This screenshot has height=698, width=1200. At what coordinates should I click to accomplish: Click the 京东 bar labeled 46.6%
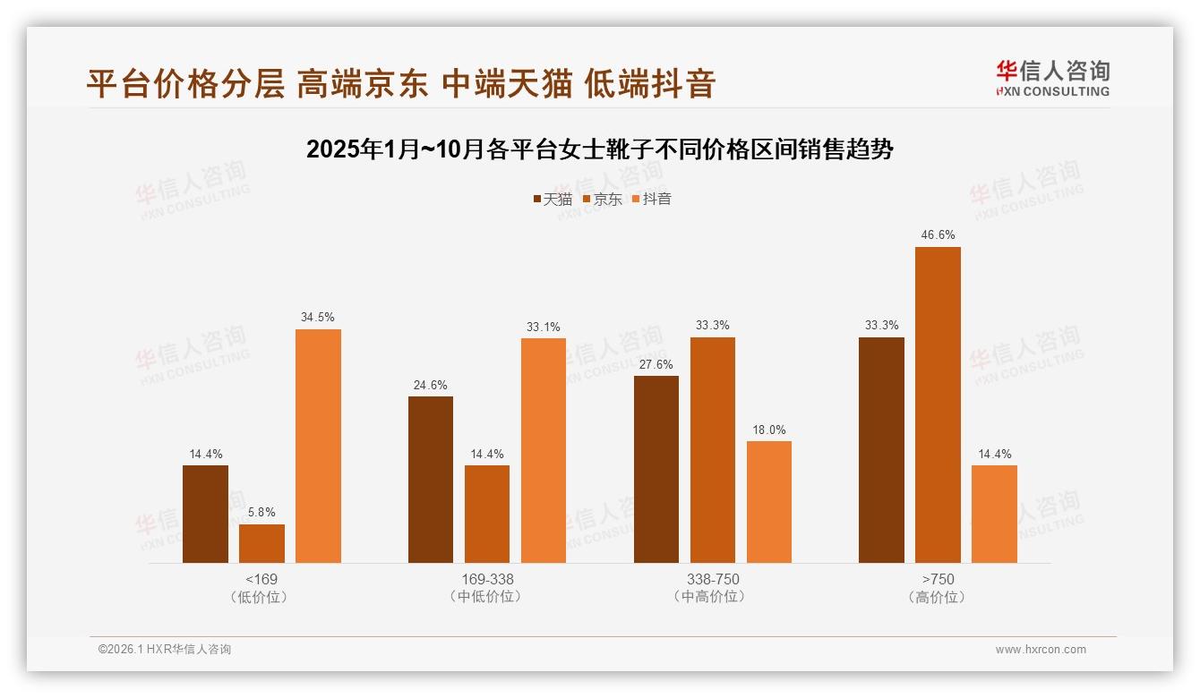(x=938, y=404)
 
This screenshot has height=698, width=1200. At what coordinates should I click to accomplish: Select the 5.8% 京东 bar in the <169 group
(x=261, y=543)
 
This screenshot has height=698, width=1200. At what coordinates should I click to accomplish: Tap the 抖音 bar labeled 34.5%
(x=318, y=446)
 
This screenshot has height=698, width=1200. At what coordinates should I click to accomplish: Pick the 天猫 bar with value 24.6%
(x=431, y=480)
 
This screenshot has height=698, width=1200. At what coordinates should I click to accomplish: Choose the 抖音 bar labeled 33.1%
(x=544, y=450)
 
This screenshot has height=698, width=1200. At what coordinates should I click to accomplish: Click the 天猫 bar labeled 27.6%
(x=656, y=469)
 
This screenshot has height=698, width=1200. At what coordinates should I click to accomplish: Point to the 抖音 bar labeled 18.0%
(x=769, y=502)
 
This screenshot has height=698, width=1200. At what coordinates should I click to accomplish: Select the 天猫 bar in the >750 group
(x=881, y=450)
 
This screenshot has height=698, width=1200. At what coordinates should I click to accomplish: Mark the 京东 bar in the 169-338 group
(x=487, y=514)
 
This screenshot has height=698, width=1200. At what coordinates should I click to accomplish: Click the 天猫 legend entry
(x=553, y=200)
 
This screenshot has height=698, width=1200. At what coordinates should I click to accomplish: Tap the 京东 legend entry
(x=603, y=200)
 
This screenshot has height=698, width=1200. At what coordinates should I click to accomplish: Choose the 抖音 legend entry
(x=652, y=200)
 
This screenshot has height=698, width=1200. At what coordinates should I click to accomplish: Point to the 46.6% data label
(x=938, y=235)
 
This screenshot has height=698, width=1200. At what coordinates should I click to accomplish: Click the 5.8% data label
(x=261, y=513)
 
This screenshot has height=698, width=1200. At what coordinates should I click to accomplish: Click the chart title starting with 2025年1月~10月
(x=600, y=149)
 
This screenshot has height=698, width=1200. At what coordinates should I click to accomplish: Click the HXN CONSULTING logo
(x=1052, y=79)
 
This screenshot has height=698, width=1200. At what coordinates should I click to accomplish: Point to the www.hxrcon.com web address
(x=1041, y=650)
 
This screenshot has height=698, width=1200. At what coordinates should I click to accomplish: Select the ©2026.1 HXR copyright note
(x=165, y=650)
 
